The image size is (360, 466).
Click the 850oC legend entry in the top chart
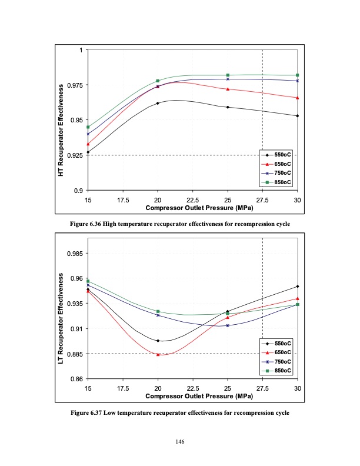(277, 182)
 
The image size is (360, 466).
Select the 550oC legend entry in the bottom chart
(277, 342)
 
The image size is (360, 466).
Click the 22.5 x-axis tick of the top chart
(192, 201)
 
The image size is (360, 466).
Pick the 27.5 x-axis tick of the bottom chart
(262, 389)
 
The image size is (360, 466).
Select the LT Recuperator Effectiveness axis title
(61, 312)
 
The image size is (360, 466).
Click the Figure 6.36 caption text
(180, 224)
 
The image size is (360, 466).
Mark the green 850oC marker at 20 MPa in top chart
(158, 81)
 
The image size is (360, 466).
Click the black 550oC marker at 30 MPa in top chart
(298, 116)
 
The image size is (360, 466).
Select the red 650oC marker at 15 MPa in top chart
(88, 144)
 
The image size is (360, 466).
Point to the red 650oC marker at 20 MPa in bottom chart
(158, 354)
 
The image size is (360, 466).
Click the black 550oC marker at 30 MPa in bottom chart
(298, 287)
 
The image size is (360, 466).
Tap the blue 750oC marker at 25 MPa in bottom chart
(228, 325)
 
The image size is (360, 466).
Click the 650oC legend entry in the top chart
(277, 164)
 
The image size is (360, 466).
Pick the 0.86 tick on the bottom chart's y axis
(76, 379)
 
